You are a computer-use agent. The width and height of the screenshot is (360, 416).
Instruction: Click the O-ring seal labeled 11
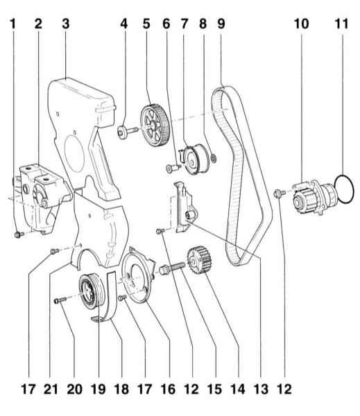tap(335, 189)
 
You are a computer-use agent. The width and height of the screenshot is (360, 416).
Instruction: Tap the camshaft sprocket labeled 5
tap(155, 125)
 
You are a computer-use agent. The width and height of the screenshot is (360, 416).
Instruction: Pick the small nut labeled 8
tap(214, 158)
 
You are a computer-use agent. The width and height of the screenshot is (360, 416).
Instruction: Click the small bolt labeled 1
tap(19, 234)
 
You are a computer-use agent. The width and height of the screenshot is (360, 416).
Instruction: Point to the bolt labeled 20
tap(60, 300)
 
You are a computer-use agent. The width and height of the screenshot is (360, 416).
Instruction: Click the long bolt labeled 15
tap(172, 267)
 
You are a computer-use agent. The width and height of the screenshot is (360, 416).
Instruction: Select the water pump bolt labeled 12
tap(279, 193)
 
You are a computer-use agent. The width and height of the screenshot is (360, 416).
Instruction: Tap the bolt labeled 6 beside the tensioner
tap(173, 168)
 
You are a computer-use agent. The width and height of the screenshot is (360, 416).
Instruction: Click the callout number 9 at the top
tap(221, 24)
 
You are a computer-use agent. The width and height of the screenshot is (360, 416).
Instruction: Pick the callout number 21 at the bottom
tap(51, 390)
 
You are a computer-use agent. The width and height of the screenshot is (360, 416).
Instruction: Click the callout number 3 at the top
tap(66, 24)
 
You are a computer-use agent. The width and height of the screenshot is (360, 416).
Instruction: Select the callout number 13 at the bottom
tap(261, 390)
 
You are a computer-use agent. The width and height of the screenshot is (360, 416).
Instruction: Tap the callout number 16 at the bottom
tap(168, 390)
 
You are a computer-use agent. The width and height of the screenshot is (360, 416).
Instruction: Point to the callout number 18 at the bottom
tap(121, 390)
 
